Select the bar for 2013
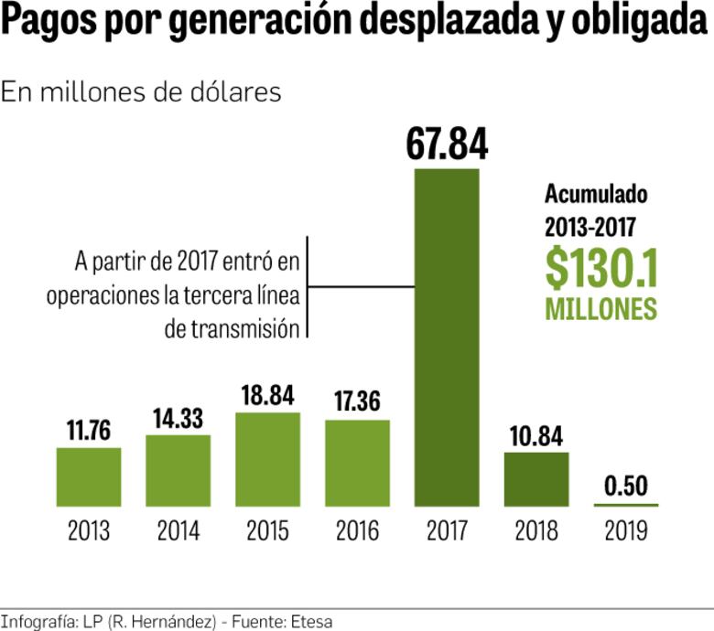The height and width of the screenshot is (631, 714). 89,476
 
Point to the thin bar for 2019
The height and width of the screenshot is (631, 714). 626,505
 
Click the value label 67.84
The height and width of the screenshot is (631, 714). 448,144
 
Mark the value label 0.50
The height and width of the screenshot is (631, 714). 626,486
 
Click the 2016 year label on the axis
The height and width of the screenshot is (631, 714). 357,531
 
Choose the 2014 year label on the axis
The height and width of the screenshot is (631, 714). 178,531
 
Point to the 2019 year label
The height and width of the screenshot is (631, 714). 626,531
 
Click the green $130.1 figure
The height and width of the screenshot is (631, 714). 601,267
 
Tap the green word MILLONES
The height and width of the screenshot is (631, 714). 601,308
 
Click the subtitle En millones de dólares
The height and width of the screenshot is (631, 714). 141,92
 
